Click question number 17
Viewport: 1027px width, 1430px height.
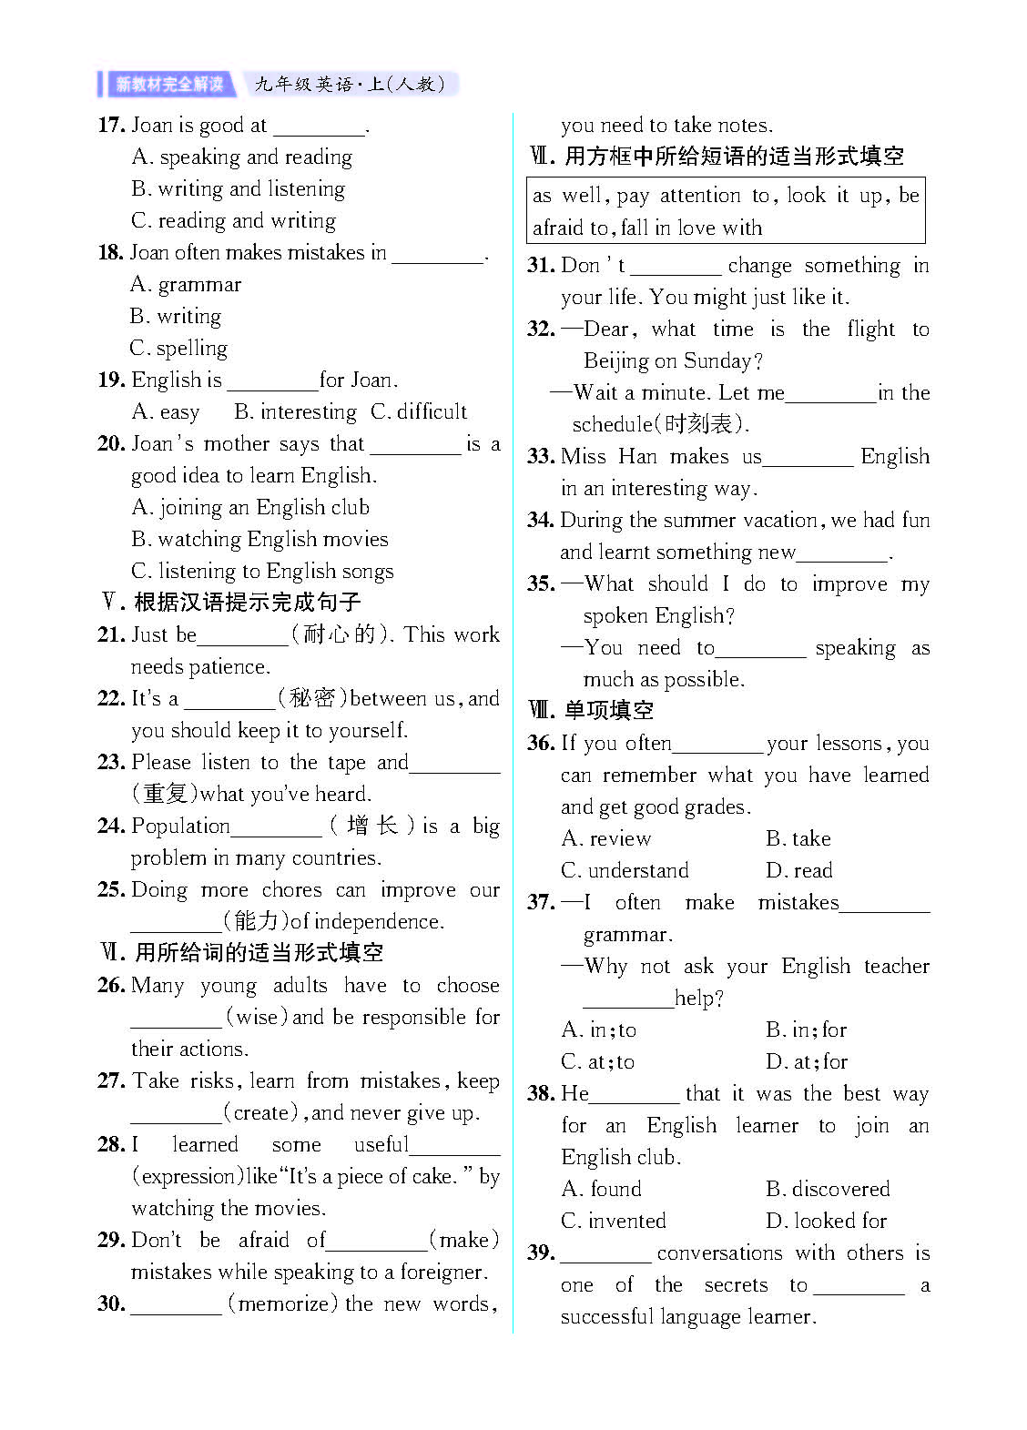[x=111, y=125]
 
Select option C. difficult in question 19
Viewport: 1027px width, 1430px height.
[x=419, y=411]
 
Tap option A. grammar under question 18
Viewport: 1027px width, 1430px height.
[x=186, y=284]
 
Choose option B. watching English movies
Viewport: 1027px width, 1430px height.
[x=259, y=539]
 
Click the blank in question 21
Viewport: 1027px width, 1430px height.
[x=242, y=636]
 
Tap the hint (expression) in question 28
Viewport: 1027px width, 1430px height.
[x=188, y=1176]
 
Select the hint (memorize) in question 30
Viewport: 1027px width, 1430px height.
[x=283, y=1303]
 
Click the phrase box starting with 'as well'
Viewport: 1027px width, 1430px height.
[x=726, y=210]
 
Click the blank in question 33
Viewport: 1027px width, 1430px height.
[x=808, y=458]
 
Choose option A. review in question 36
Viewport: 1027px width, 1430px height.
[x=606, y=838]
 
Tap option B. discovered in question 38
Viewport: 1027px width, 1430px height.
[x=828, y=1189]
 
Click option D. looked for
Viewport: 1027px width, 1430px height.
[x=826, y=1221]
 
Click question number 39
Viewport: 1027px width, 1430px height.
[x=541, y=1253]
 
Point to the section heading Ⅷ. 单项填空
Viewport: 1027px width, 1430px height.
[x=591, y=710]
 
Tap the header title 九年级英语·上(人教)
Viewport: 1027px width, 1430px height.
[x=351, y=85]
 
